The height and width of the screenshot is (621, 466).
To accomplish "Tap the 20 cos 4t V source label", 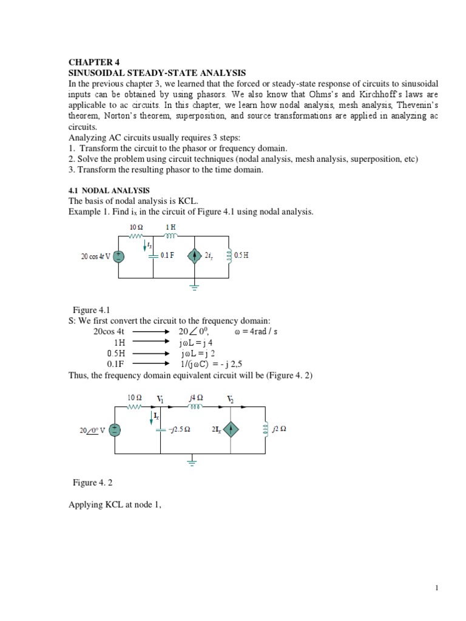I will (x=96, y=256).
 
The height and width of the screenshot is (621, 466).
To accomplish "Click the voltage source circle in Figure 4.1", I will (x=119, y=256).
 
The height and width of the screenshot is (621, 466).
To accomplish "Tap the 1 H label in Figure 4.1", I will (x=172, y=227).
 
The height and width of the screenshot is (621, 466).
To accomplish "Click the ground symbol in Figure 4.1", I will (x=194, y=286).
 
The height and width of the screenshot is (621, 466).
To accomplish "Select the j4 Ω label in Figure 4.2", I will (x=195, y=397).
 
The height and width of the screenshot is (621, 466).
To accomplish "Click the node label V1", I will (x=161, y=399).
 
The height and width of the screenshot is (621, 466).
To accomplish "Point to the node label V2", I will (x=231, y=399).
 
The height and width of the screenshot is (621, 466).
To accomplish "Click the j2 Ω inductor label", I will (x=280, y=429).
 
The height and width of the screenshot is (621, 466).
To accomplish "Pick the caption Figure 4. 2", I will (x=93, y=483).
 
